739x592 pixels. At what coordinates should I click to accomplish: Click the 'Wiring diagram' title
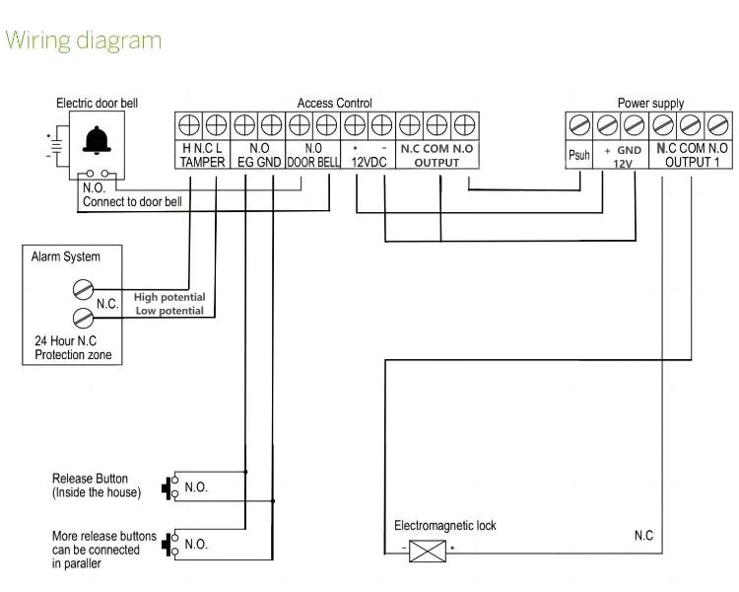tap(83, 40)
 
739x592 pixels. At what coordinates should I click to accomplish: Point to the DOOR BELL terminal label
tap(313, 162)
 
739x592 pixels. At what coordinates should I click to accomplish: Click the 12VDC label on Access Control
tap(369, 162)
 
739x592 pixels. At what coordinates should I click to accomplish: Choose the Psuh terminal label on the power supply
tap(578, 156)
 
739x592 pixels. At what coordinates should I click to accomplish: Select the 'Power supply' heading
tap(650, 103)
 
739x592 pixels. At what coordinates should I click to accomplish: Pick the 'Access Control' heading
tap(334, 103)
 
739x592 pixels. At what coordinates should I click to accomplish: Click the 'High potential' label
tap(169, 296)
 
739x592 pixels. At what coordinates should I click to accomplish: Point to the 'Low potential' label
tap(169, 311)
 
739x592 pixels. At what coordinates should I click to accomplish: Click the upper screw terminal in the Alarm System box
tap(83, 289)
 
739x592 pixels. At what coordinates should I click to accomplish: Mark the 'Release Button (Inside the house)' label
tap(98, 485)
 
